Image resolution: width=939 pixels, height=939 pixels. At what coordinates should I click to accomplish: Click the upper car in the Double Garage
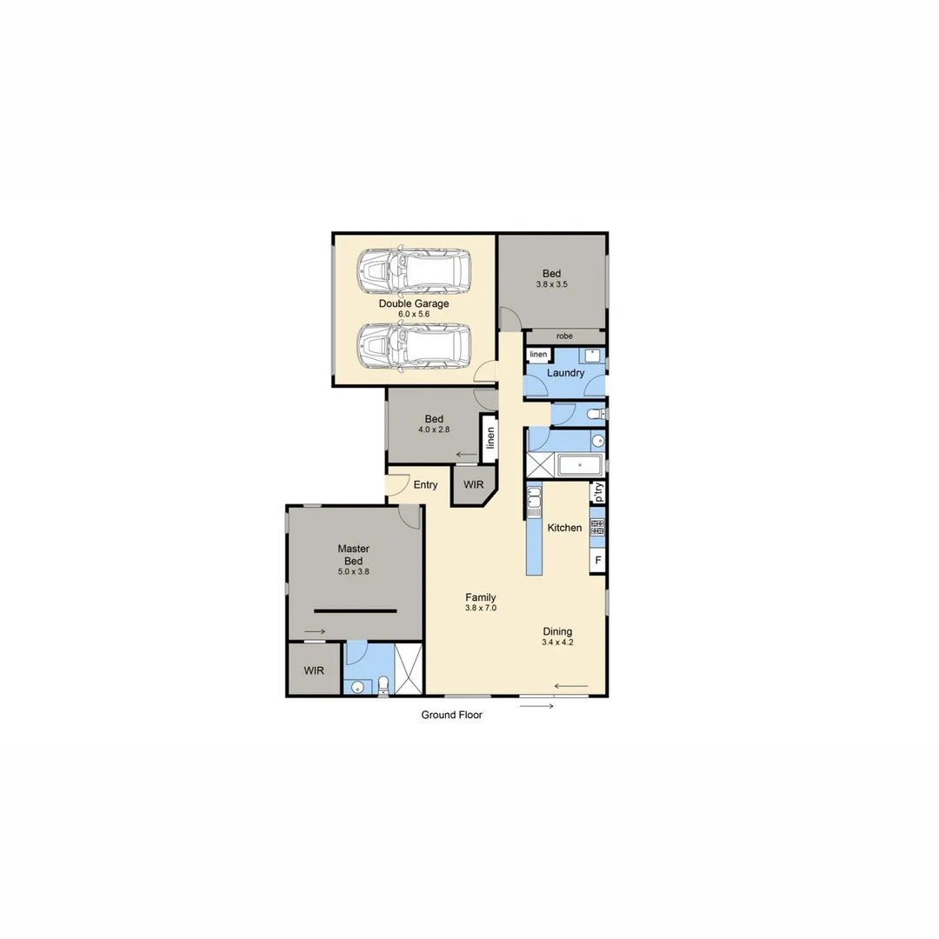point(415,270)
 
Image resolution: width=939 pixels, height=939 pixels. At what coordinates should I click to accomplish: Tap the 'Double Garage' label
point(414,303)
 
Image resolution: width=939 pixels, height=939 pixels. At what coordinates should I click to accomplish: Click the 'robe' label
point(564,336)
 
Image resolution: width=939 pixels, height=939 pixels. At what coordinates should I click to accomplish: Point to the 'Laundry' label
point(565,373)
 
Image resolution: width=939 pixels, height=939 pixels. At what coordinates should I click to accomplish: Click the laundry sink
point(591,355)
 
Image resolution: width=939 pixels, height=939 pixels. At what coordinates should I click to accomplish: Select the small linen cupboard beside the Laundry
point(538,355)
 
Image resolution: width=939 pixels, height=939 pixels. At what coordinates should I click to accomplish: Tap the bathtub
point(580,465)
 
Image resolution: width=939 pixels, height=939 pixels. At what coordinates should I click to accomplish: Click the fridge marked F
point(597,560)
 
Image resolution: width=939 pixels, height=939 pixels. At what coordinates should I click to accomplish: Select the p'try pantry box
point(597,493)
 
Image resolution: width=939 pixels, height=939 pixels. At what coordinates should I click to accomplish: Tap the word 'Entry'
point(425,484)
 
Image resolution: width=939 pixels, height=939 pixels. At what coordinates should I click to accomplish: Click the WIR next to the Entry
point(473,484)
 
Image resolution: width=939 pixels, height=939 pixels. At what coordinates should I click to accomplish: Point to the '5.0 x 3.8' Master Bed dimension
point(354,572)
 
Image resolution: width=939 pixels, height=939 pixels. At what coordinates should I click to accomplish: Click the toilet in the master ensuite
point(383,687)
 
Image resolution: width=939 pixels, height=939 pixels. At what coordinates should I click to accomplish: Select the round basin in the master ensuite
point(356,688)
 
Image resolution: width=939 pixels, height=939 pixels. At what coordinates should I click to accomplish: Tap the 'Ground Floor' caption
point(451,715)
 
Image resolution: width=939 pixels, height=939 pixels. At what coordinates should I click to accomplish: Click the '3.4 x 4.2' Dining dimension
point(557,643)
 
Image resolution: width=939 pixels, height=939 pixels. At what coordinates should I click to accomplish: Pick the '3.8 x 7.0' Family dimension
point(480,609)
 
